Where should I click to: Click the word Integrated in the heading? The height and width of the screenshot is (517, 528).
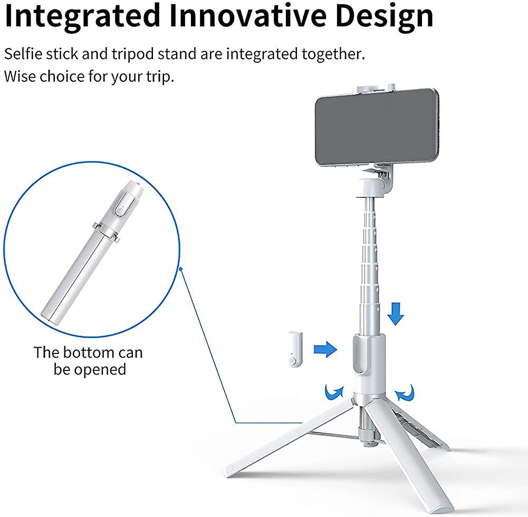tap(82, 16)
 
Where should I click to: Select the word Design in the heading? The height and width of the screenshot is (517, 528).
tap(384, 17)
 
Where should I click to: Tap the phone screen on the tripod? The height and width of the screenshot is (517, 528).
tap(377, 127)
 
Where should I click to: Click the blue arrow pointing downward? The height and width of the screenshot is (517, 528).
tap(395, 313)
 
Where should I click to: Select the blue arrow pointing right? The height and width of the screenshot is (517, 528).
tap(325, 349)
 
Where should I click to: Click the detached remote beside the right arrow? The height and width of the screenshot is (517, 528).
tap(295, 350)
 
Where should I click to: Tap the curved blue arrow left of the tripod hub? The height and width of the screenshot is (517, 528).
tap(333, 392)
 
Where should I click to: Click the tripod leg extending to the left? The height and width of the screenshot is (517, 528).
tap(290, 438)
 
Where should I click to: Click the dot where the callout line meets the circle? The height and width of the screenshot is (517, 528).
tap(180, 269)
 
